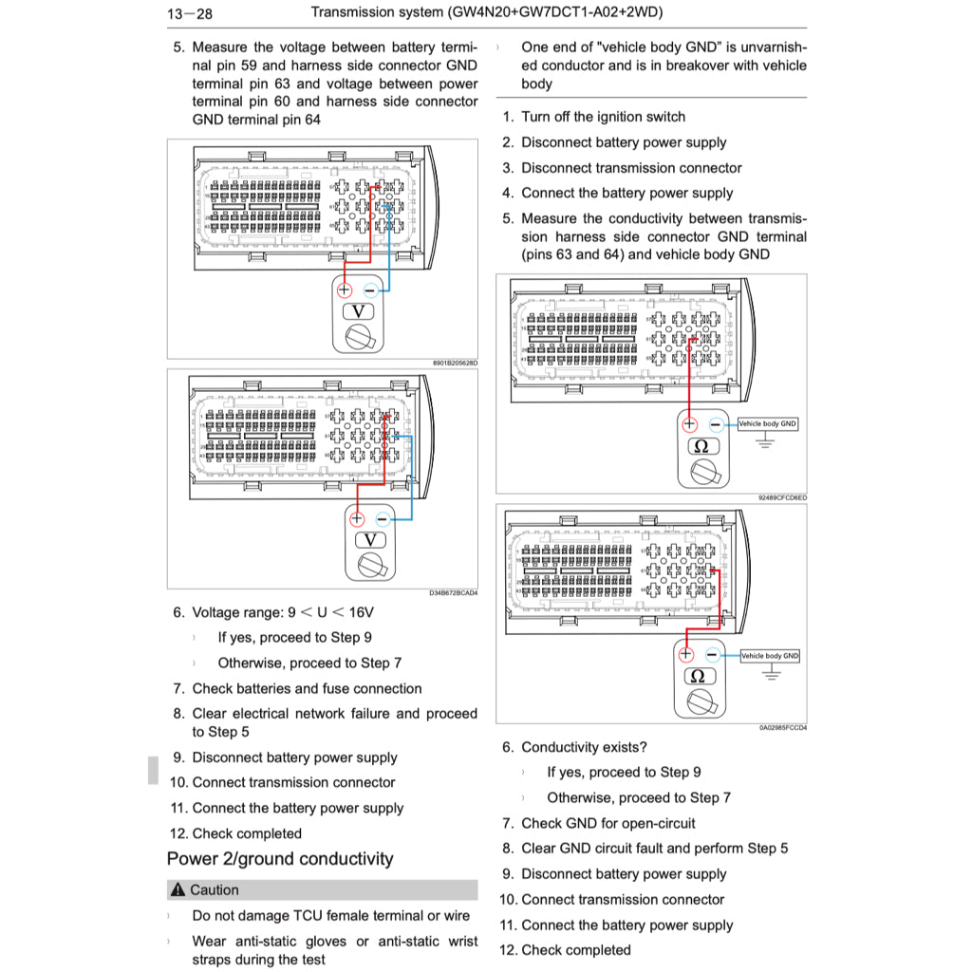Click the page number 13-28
coord(189,13)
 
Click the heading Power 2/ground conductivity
coord(279,859)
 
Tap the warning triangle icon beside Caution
coord(178,890)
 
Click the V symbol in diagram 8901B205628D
coord(359,312)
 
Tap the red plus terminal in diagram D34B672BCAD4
coord(357,518)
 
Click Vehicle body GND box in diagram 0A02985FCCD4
coord(769,656)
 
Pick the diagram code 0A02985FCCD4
coord(782,727)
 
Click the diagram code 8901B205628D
coord(455,363)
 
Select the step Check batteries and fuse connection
coord(307,689)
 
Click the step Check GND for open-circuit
coord(607,824)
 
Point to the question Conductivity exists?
coord(584,748)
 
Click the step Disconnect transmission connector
coord(631,168)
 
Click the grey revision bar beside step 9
coord(153,770)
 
